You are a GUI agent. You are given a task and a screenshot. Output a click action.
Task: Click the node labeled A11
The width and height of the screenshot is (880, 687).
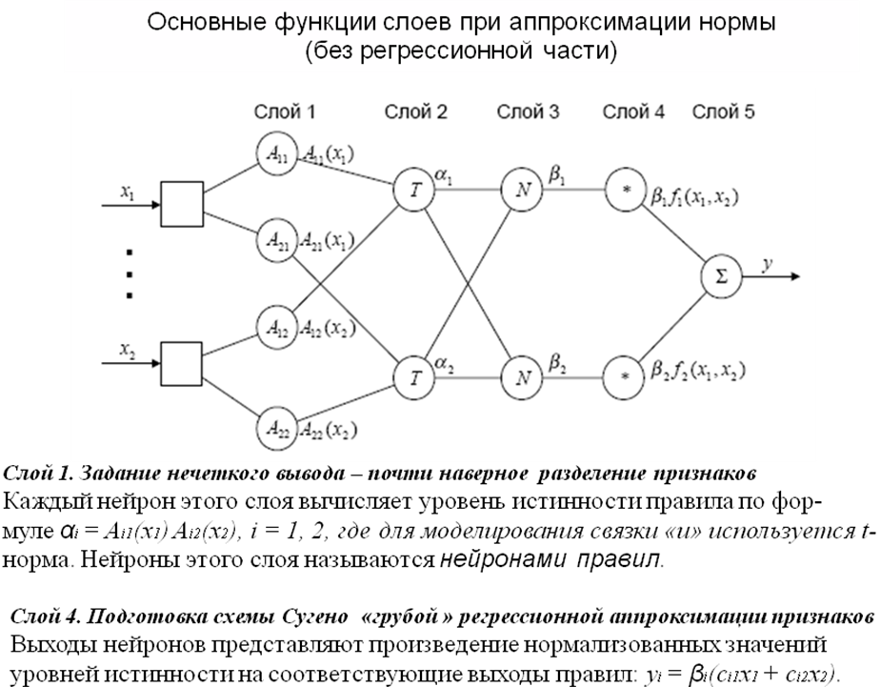click(x=276, y=156)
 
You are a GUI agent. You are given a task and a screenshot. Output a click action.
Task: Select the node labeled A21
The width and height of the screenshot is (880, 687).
click(x=276, y=241)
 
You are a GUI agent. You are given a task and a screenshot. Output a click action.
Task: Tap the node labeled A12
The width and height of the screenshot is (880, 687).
click(x=276, y=328)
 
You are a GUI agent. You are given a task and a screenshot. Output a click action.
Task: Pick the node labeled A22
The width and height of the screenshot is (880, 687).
click(x=276, y=428)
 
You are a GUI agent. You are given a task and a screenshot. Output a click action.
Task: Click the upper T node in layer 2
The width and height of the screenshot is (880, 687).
click(x=414, y=189)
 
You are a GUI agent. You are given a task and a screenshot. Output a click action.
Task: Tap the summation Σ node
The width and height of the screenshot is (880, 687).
click(x=721, y=277)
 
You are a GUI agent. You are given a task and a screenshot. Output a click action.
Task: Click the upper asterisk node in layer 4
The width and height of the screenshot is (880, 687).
click(x=626, y=189)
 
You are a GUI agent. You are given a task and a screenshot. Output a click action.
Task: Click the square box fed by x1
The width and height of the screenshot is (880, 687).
click(x=181, y=205)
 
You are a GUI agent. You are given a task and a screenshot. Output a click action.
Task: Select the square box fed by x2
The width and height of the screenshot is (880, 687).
click(x=181, y=363)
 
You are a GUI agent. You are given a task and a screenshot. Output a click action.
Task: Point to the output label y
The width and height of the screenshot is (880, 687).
click(x=768, y=262)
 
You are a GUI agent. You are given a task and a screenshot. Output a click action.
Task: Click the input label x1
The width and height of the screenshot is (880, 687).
click(x=128, y=191)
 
